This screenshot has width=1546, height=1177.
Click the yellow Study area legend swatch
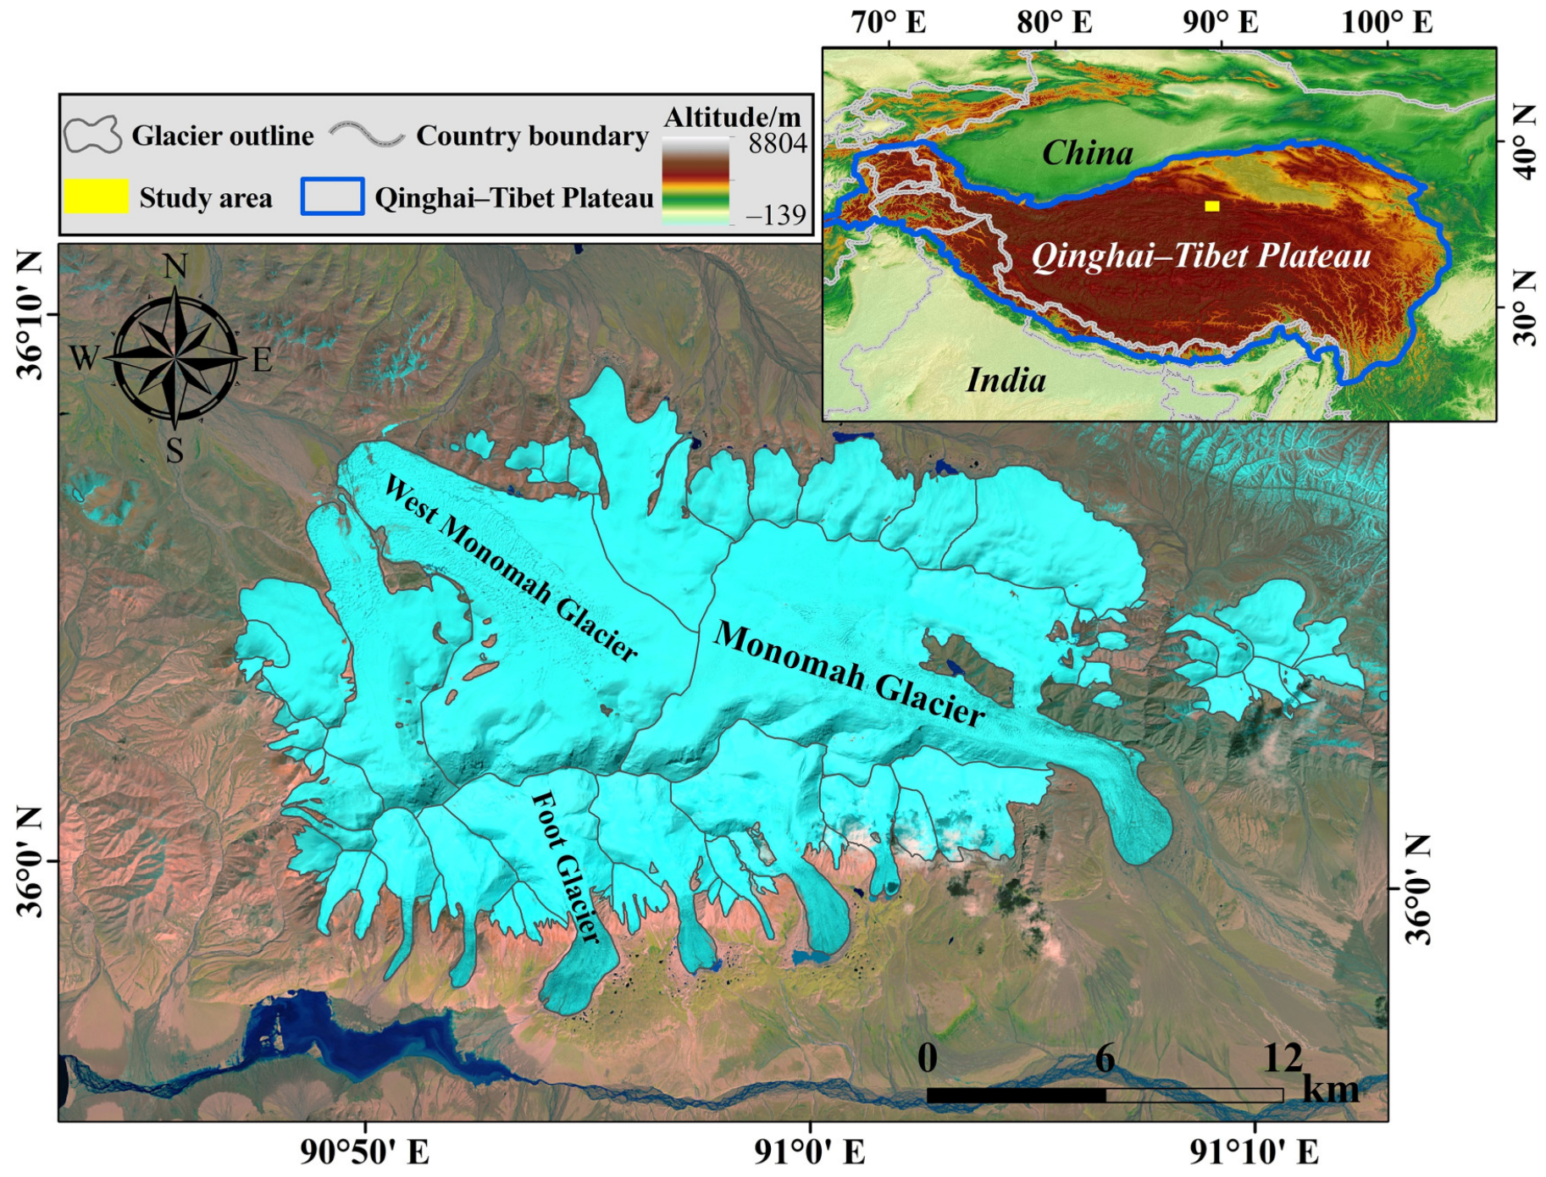[x=96, y=196]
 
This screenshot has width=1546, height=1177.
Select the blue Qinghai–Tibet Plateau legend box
[x=332, y=196]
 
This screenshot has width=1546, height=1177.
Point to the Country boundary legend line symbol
[x=367, y=135]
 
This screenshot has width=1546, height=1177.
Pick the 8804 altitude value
[x=777, y=144]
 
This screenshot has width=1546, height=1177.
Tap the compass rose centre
[x=175, y=359]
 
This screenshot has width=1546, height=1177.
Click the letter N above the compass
[x=175, y=268]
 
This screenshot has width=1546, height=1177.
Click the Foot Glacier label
[x=566, y=867]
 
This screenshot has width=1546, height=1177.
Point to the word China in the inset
[x=1087, y=153]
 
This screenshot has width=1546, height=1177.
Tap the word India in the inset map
[x=1006, y=380]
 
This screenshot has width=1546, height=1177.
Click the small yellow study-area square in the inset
[x=1212, y=206]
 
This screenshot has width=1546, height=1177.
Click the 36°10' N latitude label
[x=30, y=315]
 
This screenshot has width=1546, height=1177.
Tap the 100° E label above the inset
[x=1387, y=22]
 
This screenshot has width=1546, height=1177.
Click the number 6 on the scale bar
[x=1105, y=1058]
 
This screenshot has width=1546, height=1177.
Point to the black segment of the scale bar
[x=1017, y=1095]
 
